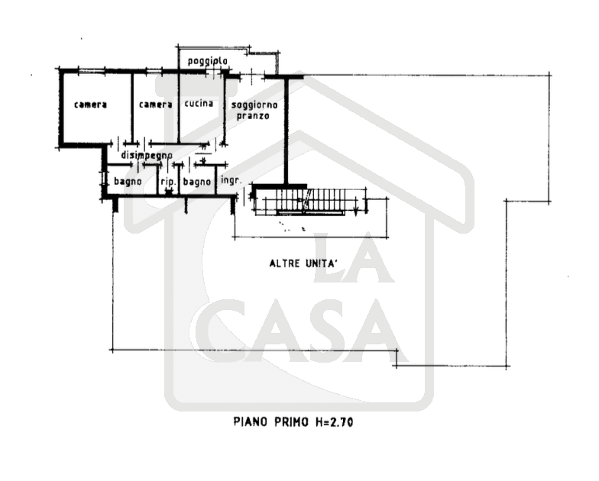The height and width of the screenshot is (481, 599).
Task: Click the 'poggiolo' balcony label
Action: [x=208, y=61]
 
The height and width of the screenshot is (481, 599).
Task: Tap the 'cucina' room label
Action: [x=199, y=104]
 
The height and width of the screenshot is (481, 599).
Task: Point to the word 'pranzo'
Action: [x=253, y=115]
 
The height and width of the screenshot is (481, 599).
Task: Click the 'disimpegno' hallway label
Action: [x=147, y=156]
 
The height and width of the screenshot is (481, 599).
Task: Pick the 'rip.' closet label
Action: [x=168, y=182]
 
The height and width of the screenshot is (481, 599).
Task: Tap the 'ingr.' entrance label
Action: [x=231, y=180]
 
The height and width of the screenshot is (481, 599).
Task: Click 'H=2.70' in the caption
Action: [x=335, y=421]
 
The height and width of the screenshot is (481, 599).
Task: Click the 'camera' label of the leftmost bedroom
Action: [x=90, y=105]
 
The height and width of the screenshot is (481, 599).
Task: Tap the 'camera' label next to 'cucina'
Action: [x=156, y=105]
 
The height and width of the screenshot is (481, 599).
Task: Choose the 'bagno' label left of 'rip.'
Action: [x=128, y=182]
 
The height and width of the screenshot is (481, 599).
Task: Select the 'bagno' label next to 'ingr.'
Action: [x=197, y=182]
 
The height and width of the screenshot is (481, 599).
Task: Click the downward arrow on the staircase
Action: [x=356, y=206]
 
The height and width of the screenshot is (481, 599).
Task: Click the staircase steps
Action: [x=299, y=199]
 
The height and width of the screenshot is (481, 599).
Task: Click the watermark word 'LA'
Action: [x=353, y=258]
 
